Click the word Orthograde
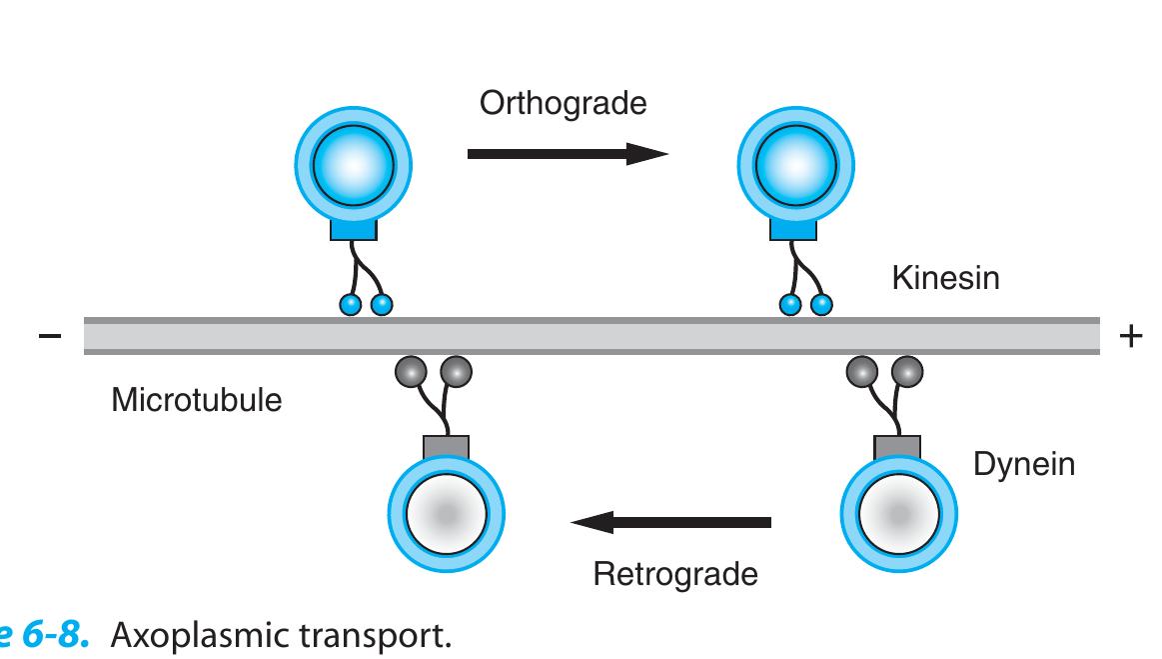tap(564, 104)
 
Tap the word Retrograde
tap(675, 574)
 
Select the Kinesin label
tap(945, 278)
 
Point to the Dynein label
tap(1024, 465)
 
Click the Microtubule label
tap(197, 400)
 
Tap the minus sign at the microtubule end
tap(50, 337)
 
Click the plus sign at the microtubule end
tap(1131, 336)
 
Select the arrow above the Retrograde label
tap(670, 522)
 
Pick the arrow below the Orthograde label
tap(568, 154)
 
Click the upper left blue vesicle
tap(354, 165)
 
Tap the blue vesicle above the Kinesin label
tap(796, 165)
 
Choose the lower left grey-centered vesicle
tap(447, 514)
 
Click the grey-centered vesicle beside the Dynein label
tap(899, 514)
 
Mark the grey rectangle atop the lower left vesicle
tap(447, 447)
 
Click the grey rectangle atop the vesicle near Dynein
tap(897, 447)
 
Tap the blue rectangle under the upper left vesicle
tap(354, 229)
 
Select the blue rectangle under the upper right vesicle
tap(793, 229)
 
